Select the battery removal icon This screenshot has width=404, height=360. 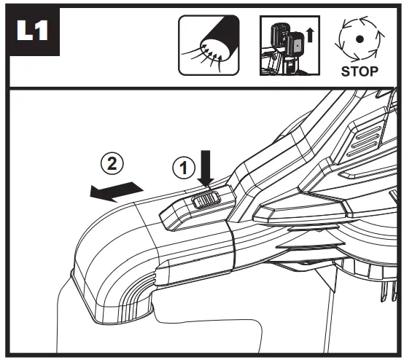pyautogui.click(x=290, y=46)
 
